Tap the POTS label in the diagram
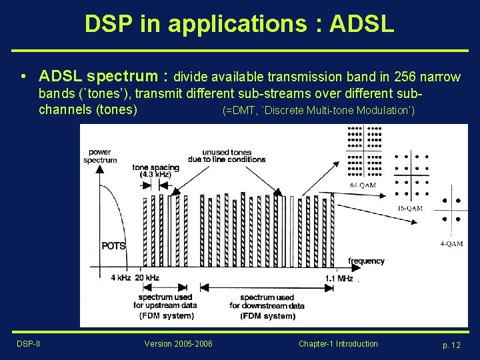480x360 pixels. click(x=113, y=246)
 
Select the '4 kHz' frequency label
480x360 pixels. click(x=120, y=277)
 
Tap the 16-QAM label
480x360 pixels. click(x=410, y=208)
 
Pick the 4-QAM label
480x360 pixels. click(x=451, y=244)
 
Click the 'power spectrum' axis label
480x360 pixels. click(x=99, y=156)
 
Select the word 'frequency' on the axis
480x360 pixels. click(x=366, y=261)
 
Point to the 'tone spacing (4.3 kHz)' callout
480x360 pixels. click(x=155, y=171)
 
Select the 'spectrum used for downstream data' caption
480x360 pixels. click(x=267, y=306)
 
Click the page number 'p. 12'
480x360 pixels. click(x=451, y=345)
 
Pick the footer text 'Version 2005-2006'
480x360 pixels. click(x=178, y=344)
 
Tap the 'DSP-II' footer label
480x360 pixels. click(x=29, y=344)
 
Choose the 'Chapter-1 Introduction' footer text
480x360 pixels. click(x=338, y=344)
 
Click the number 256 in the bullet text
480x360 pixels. click(x=381, y=77)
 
